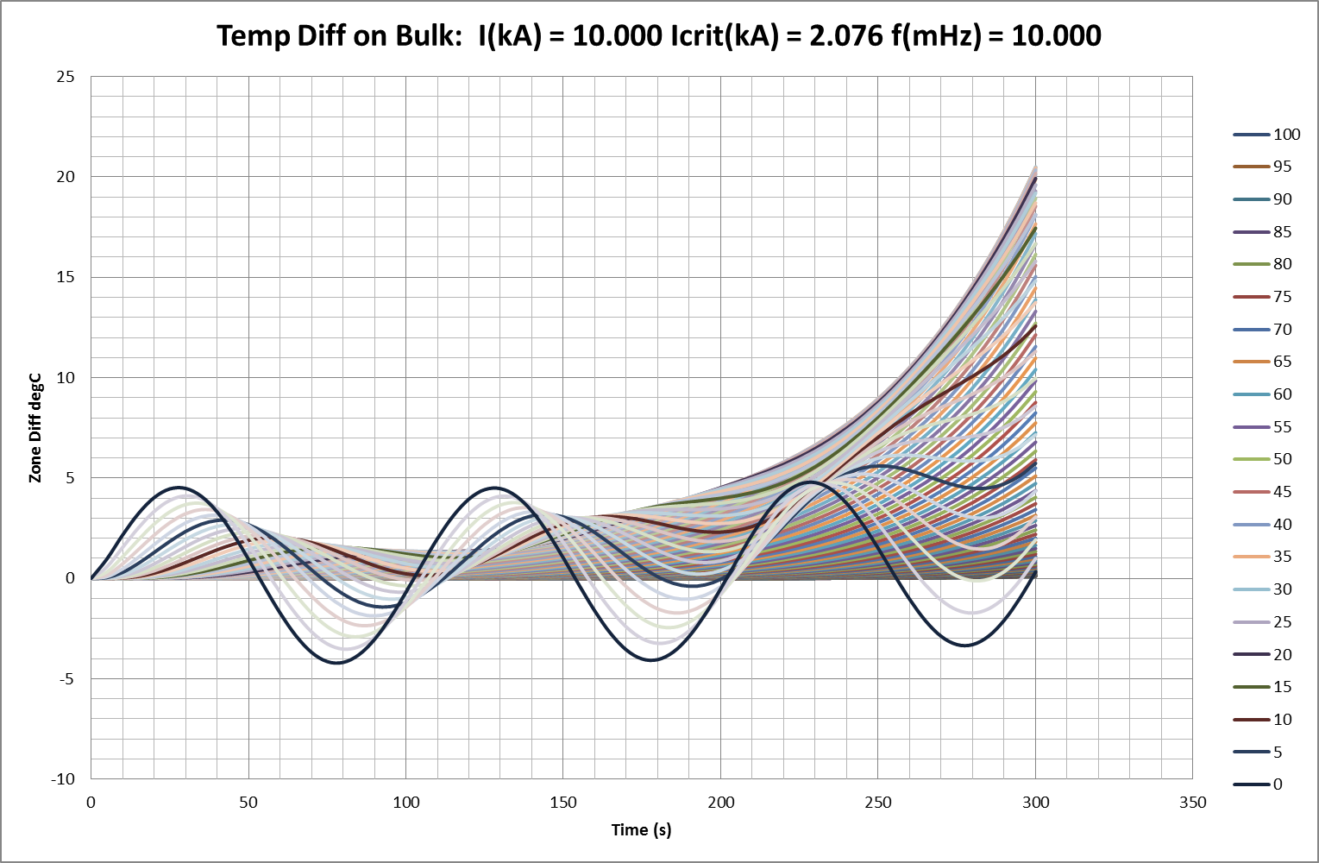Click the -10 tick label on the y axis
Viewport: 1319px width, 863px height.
[x=63, y=779]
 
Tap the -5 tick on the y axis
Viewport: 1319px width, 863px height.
[x=66, y=679]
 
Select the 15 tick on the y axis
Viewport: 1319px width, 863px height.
[x=66, y=277]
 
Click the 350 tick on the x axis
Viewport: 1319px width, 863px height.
[x=1192, y=803]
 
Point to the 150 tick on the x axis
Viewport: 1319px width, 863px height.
[x=563, y=803]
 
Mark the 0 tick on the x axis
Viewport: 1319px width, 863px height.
[x=91, y=803]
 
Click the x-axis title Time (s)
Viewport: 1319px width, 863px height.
[x=641, y=830]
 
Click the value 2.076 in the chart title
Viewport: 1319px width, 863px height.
[x=837, y=35]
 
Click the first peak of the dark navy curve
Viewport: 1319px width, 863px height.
[x=179, y=487]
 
